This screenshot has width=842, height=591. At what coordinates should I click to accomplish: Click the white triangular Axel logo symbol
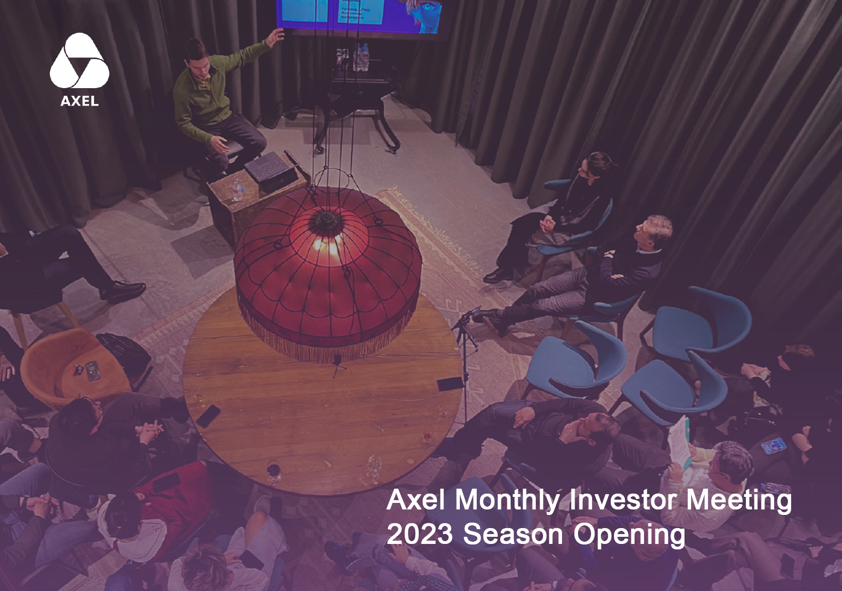point(79,61)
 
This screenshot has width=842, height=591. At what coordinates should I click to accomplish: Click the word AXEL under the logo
point(79,101)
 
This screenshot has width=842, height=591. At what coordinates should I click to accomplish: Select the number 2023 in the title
point(419,534)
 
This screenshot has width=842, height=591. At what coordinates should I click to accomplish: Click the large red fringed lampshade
point(328,274)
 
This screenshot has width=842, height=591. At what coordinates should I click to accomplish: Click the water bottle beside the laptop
point(237,189)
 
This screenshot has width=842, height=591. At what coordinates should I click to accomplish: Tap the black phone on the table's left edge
point(208,416)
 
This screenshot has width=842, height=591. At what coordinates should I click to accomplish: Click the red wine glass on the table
point(273,471)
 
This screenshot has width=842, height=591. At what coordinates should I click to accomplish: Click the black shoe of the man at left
point(123,291)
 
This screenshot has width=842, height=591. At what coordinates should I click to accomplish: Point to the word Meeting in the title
point(738,500)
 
